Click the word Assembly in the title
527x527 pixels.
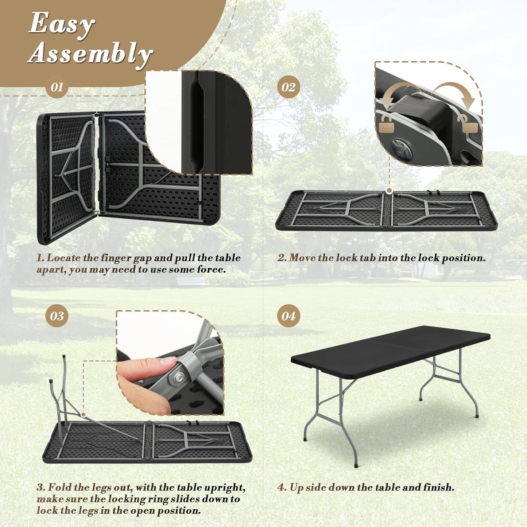[x=90, y=54]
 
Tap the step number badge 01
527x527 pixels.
[x=57, y=87]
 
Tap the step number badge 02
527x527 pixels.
[x=288, y=87]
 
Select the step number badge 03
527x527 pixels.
[x=57, y=316]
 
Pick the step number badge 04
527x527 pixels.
[x=288, y=316]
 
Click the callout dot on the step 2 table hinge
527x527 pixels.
[x=389, y=190]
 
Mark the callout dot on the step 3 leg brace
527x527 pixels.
[x=84, y=414]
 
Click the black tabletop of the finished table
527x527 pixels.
[x=390, y=345]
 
